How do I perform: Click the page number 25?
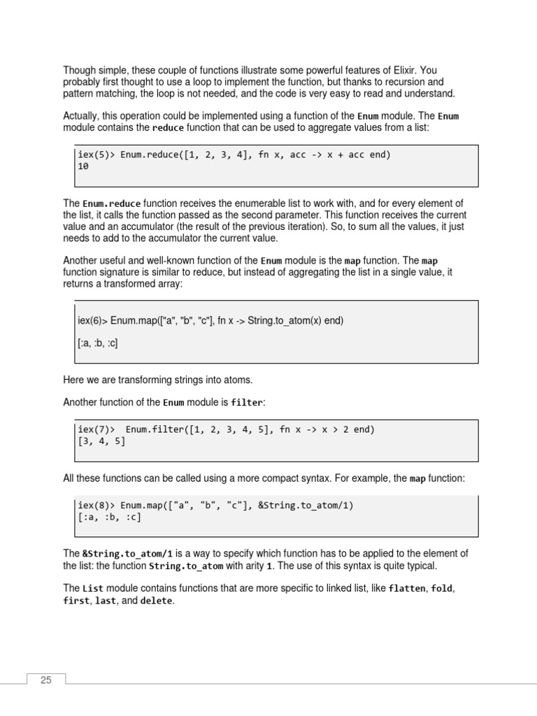pos(46,680)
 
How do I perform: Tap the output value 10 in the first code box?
pos(83,167)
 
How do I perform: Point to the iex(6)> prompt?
pos(92,320)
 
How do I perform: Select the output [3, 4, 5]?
pos(101,442)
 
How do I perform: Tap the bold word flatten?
pos(407,589)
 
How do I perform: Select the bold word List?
pos(92,589)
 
